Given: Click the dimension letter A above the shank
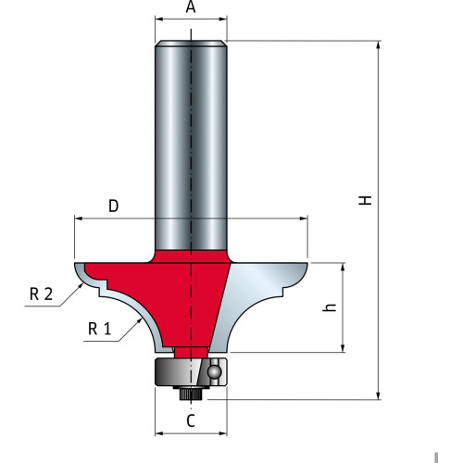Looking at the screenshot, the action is coord(191,6).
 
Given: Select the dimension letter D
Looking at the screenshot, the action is coord(114,206).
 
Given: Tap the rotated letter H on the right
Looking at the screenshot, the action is coord(365,200).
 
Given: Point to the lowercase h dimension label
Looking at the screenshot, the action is coord(330,307).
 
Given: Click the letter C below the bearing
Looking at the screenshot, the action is coord(191,420).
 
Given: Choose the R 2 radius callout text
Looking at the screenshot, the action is coord(42,294).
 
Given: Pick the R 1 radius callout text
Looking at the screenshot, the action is coord(99,329).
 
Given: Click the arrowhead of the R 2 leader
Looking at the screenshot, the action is coord(81,285).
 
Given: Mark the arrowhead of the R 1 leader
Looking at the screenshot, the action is coord(139,321).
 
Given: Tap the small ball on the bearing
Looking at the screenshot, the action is coord(214,371).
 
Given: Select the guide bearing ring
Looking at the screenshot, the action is coord(191,372).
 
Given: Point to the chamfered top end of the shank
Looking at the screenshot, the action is coord(191,44).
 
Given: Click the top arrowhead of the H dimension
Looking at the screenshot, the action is coord(379,45).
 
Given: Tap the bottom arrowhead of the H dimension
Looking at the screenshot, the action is coord(379,395).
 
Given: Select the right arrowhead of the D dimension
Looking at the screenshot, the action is coord(304,219).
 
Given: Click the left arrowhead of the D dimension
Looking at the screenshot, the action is coord(79,219).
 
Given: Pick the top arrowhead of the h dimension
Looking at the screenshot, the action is coord(343,268).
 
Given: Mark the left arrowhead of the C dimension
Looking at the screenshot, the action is coord(159,433).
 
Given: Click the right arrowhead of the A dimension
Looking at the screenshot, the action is coord(222,19).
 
